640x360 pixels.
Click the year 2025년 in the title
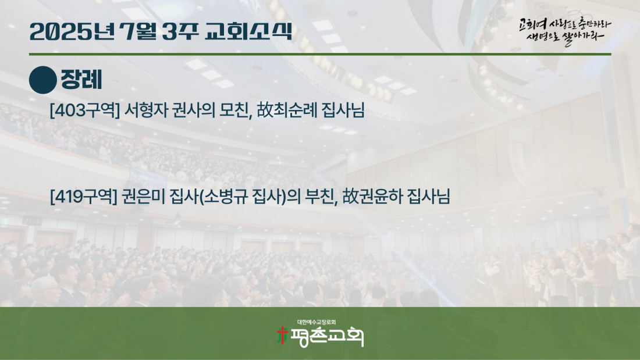click(x=72, y=31)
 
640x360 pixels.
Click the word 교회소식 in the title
click(x=248, y=31)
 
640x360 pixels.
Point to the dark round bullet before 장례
click(x=43, y=80)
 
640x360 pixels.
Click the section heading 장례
click(x=81, y=80)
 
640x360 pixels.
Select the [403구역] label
click(x=84, y=110)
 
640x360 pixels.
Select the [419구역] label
click(x=83, y=197)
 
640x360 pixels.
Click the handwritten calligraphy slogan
click(x=565, y=31)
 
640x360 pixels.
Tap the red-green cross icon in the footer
click(x=282, y=336)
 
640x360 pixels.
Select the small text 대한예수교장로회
click(x=317, y=322)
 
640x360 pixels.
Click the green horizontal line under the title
click(x=320, y=54)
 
